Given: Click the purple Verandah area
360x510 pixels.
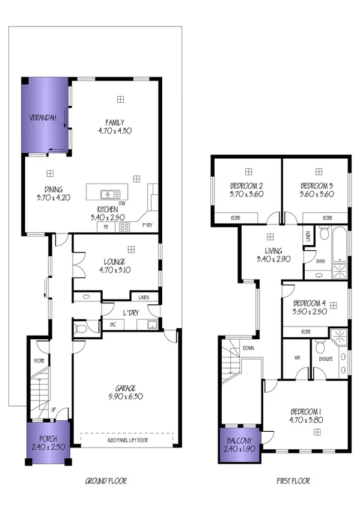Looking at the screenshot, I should coord(44,117).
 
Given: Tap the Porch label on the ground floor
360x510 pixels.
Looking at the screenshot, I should coord(48,438).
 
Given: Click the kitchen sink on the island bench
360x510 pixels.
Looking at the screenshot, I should coord(110,194).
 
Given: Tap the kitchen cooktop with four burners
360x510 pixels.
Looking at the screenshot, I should coord(125,227).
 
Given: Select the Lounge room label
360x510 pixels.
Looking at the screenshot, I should coord(114,262).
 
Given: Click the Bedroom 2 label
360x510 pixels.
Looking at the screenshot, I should coord(246,185).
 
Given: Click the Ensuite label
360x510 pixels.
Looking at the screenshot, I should coord(325,360).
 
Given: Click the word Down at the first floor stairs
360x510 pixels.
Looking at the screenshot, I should coord(248,348).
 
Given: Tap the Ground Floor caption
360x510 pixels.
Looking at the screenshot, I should coord(106,481).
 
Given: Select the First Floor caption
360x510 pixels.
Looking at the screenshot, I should coord(293,481).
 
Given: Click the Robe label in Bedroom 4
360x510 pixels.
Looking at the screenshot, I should coord(306,331).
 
